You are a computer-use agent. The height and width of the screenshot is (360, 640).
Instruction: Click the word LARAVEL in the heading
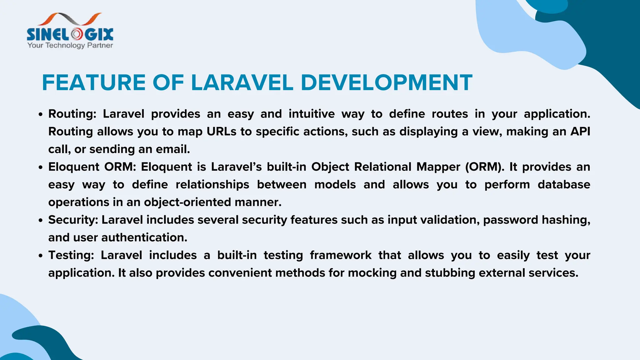[x=242, y=83]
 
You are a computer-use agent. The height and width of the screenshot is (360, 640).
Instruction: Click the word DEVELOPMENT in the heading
[x=386, y=83]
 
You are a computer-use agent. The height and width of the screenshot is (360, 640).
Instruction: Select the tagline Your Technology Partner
[x=70, y=45]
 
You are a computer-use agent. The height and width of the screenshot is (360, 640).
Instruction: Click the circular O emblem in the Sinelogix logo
[x=77, y=34]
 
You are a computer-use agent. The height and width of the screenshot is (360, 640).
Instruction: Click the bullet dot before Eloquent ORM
[x=40, y=167]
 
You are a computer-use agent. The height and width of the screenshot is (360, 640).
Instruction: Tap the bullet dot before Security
[x=40, y=221]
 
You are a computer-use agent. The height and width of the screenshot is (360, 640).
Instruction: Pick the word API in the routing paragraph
[x=580, y=132]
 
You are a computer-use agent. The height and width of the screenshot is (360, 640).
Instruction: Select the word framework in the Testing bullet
[x=341, y=255]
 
